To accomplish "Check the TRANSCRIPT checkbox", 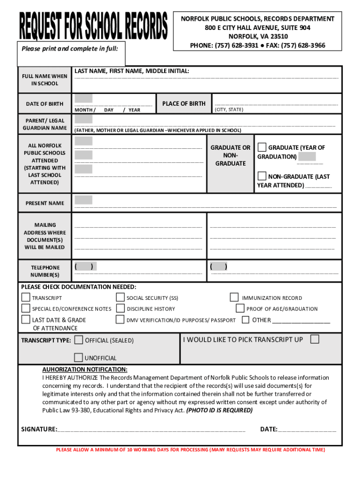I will (x=26, y=298).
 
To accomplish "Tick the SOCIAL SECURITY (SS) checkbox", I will (x=120, y=298).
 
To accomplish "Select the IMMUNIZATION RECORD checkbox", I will (x=234, y=297).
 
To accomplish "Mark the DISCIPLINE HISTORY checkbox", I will (x=120, y=308).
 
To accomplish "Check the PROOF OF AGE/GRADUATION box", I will (x=240, y=308).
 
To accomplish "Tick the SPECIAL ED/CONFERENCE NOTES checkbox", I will (x=26, y=308).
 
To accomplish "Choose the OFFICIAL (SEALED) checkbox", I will (x=79, y=340).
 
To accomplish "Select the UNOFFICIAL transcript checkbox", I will (x=79, y=358).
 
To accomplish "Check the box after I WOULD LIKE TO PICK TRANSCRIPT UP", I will (x=315, y=339).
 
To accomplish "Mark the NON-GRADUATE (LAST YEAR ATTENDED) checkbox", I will (x=262, y=176).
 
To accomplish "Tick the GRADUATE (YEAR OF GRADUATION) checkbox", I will (x=262, y=147).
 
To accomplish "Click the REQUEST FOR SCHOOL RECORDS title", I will (x=93, y=26).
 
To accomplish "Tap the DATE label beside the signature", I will (x=268, y=429).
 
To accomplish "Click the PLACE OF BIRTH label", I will (x=184, y=103).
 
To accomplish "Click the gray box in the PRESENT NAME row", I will (x=83, y=200).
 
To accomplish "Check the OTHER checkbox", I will (x=245, y=320).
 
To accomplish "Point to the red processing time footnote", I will (x=190, y=450).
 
